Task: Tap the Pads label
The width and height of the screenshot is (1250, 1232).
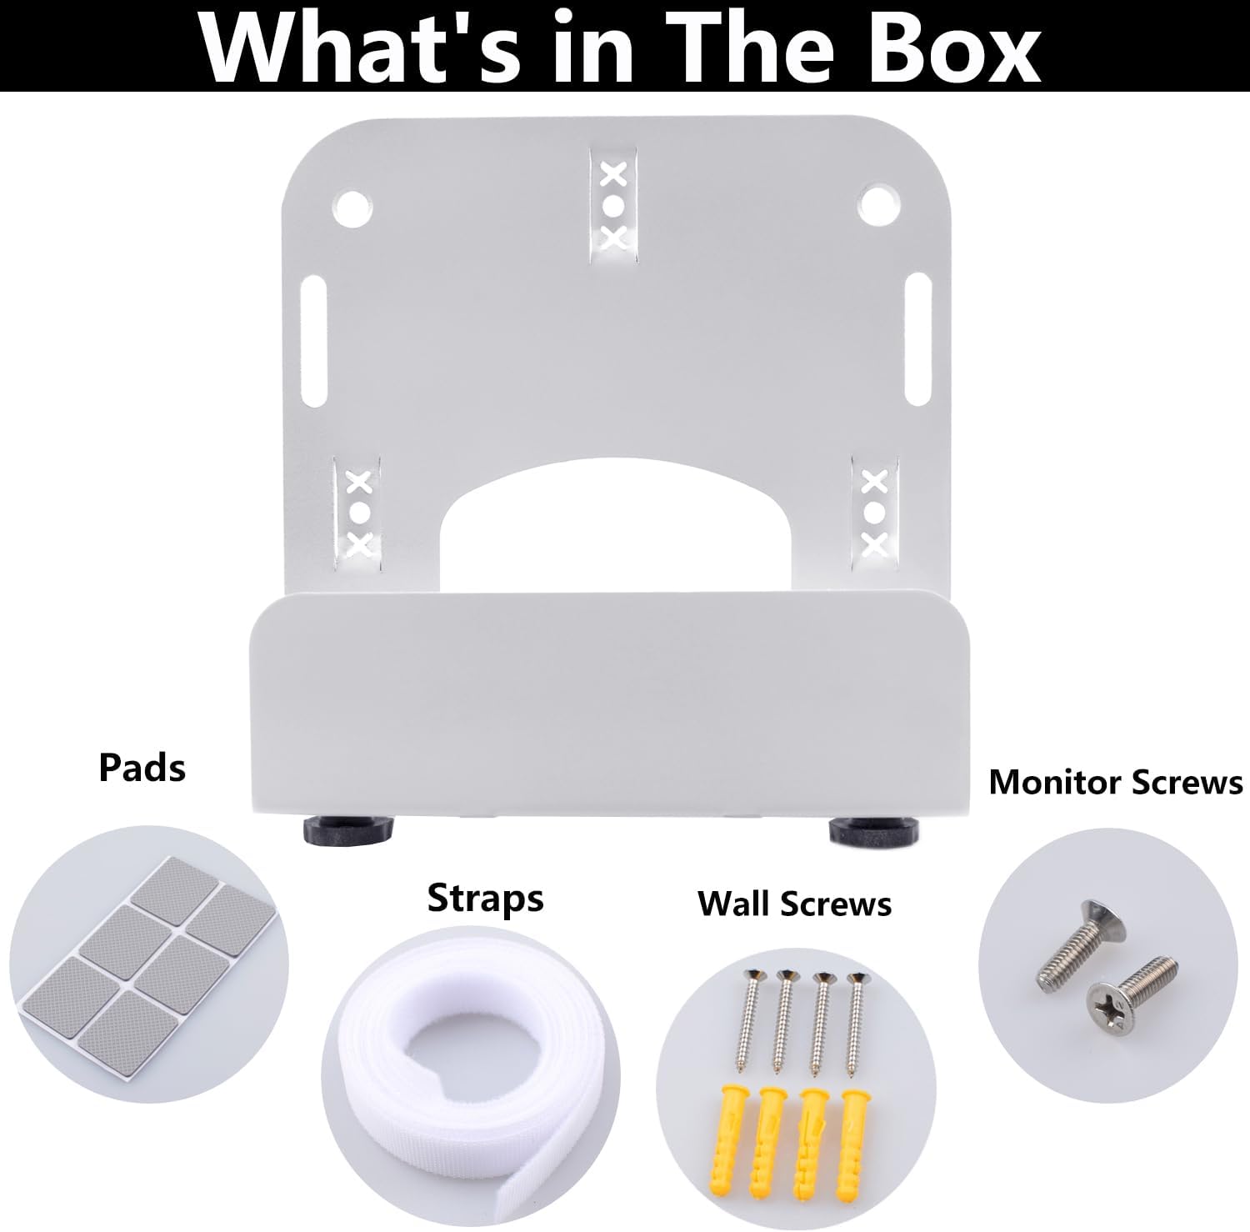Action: (x=142, y=767)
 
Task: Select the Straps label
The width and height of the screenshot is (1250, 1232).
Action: (x=485, y=900)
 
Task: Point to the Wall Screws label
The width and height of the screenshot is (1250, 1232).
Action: (x=795, y=904)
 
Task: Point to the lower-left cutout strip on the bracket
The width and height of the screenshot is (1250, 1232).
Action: (x=358, y=515)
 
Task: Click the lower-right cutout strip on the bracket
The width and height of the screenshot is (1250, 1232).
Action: (x=874, y=514)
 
